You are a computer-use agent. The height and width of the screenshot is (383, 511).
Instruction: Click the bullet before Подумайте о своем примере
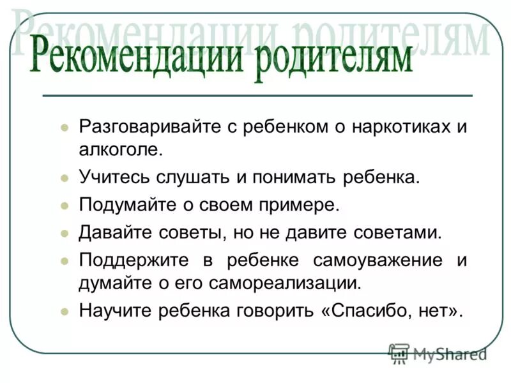click(x=64, y=206)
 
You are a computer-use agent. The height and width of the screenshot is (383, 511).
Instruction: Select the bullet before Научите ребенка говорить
click(x=64, y=312)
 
